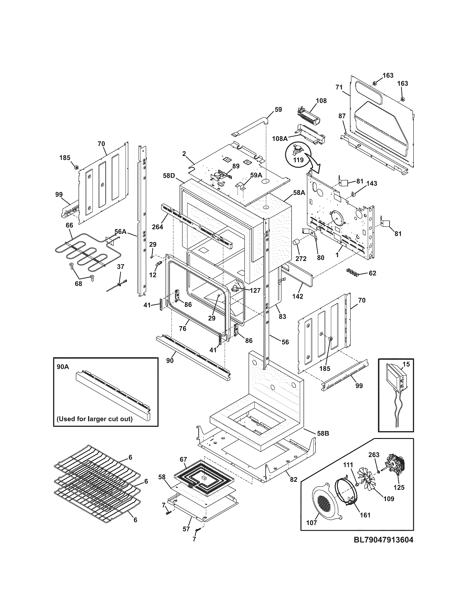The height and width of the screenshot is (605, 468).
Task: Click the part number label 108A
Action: tap(279, 138)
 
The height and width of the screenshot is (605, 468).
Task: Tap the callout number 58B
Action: tap(323, 433)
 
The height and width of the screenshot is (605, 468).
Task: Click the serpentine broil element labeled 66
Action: tap(80, 249)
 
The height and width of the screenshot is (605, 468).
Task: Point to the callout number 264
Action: tap(157, 227)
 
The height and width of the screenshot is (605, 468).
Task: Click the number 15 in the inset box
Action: tap(406, 364)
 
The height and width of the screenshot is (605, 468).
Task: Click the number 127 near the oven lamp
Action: tap(255, 290)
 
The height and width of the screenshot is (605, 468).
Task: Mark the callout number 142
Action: tap(298, 296)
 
